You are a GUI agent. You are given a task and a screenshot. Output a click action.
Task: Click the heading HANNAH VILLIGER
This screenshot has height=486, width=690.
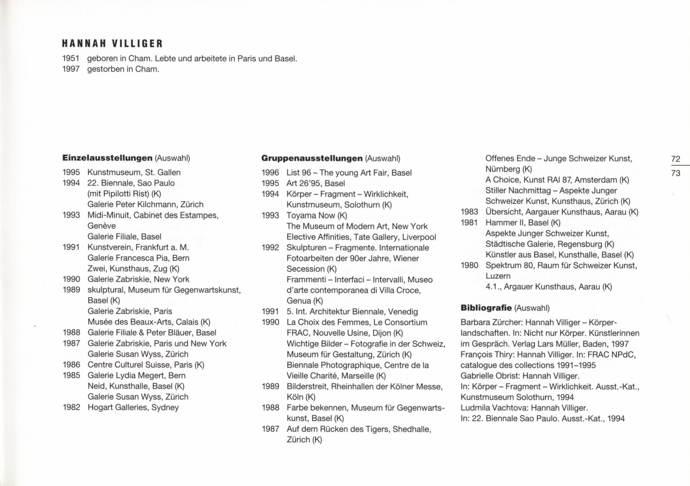112,44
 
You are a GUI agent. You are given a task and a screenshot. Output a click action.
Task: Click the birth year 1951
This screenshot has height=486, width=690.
71,59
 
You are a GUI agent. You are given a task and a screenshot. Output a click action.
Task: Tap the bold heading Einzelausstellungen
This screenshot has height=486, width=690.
107,158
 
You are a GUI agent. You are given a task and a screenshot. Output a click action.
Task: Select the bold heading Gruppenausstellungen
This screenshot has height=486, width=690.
312,158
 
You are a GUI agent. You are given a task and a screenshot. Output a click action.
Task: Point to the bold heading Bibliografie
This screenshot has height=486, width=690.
486,308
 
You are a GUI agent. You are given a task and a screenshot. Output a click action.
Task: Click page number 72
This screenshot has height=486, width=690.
676,159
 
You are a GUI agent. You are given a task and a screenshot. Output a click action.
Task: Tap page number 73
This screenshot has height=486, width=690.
676,173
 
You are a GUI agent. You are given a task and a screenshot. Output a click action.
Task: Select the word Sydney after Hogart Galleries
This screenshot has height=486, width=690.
165,407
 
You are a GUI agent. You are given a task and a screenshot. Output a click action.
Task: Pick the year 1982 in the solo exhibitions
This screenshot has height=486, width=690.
71,407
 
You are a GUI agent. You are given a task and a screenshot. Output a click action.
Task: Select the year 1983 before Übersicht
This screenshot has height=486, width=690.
469,212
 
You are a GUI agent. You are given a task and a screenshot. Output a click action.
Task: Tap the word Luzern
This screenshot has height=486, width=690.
498,276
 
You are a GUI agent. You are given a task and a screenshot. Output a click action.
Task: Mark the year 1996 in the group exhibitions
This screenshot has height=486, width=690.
270,173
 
